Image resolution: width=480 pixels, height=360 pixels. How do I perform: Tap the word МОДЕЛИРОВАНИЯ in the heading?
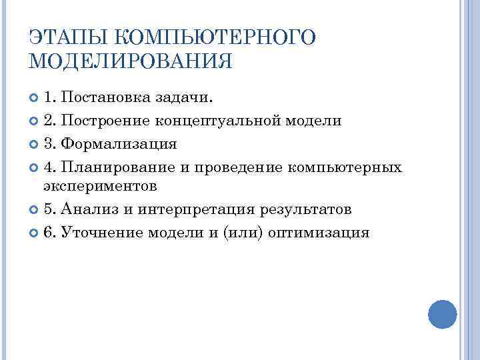(131, 62)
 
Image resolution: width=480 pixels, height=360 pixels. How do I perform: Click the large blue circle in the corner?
(442, 313)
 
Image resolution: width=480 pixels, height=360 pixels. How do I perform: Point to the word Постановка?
(108, 99)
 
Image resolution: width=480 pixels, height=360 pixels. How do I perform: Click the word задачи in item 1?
(187, 99)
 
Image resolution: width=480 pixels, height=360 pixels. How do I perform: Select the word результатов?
(308, 209)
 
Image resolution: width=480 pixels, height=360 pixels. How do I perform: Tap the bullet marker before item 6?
(35, 233)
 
